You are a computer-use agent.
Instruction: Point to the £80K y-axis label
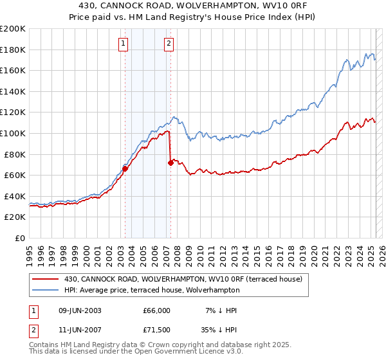pyautogui.click(x=15, y=154)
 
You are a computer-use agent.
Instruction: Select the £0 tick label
pyautogui.click(x=20, y=238)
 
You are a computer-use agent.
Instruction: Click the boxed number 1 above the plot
pyautogui.click(x=122, y=44)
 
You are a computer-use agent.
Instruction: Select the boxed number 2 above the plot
pyautogui.click(x=169, y=44)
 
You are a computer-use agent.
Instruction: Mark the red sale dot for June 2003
pyautogui.click(x=125, y=169)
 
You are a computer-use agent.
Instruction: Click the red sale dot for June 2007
pyautogui.click(x=170, y=163)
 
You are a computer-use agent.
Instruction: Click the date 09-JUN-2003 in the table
pyautogui.click(x=80, y=310)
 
